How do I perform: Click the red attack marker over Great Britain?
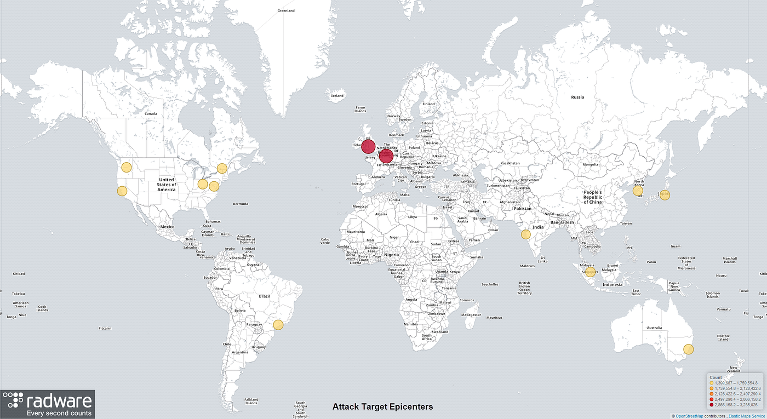click(368, 147)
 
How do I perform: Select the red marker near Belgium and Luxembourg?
click(386, 157)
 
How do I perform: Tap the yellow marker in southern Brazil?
click(278, 325)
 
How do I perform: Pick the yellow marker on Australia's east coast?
click(689, 349)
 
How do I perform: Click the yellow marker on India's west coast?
click(526, 234)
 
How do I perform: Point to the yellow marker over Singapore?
click(590, 271)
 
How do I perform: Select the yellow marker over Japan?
click(665, 194)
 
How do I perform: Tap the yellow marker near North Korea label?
click(638, 191)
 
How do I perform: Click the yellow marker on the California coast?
click(122, 191)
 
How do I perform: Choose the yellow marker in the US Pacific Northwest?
click(127, 168)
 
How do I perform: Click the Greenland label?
click(286, 11)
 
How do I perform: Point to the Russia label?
click(577, 97)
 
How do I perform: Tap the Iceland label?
click(337, 96)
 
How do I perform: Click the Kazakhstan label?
click(510, 164)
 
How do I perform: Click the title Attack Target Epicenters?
click(383, 407)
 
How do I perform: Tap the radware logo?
click(48, 404)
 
